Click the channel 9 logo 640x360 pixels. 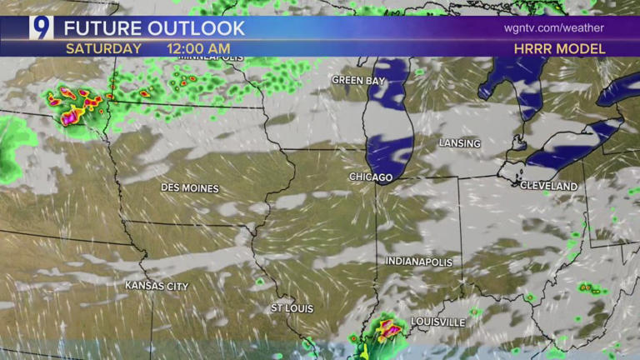click(41, 27)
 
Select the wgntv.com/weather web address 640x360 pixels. click(553, 27)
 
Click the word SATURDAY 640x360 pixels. click(103, 48)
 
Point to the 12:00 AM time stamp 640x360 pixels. click(198, 48)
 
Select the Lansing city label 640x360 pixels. click(460, 143)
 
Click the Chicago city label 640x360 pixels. click(371, 177)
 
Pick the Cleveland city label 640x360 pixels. click(548, 186)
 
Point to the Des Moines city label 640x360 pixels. click(190, 188)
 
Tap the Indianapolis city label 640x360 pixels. click(419, 262)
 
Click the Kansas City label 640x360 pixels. click(157, 286)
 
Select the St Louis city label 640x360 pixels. click(292, 308)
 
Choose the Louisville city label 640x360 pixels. click(437, 322)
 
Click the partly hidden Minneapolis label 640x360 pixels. click(213, 58)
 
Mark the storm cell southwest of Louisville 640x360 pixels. click(385, 332)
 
